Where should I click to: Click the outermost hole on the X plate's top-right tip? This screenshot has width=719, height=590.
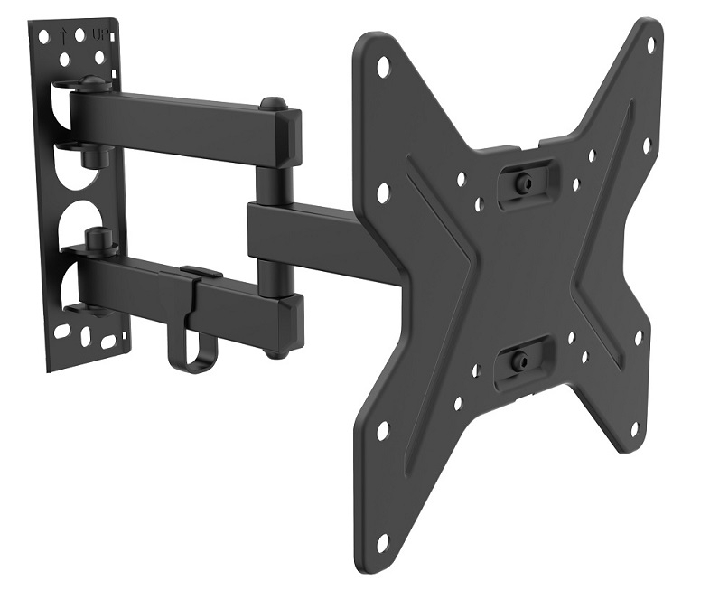[x=652, y=45]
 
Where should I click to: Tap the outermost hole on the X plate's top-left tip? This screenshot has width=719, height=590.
[x=382, y=67]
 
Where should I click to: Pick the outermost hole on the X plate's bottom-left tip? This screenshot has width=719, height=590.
[x=384, y=429]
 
